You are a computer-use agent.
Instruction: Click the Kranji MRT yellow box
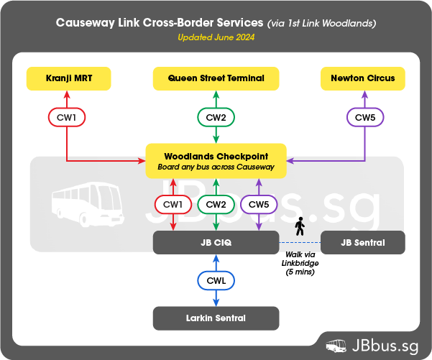click(69, 78)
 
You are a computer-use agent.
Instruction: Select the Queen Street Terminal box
click(216, 78)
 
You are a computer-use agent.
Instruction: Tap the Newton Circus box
click(362, 78)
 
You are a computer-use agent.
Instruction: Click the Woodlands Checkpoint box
click(216, 161)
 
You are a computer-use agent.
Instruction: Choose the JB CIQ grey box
click(216, 243)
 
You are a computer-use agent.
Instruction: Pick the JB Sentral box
click(362, 243)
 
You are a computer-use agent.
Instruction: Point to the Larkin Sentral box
click(216, 318)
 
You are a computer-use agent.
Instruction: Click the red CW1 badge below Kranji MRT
click(68, 116)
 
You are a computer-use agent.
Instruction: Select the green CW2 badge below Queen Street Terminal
click(216, 116)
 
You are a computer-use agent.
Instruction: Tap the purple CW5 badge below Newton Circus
click(364, 116)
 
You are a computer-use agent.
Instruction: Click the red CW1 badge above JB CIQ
click(173, 205)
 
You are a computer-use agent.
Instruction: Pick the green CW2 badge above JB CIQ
click(216, 205)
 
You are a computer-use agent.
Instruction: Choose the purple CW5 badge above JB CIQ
click(259, 205)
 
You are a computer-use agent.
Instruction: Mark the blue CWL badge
click(216, 280)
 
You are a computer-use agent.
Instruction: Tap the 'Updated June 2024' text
click(216, 37)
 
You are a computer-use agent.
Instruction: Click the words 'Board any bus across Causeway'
click(216, 167)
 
